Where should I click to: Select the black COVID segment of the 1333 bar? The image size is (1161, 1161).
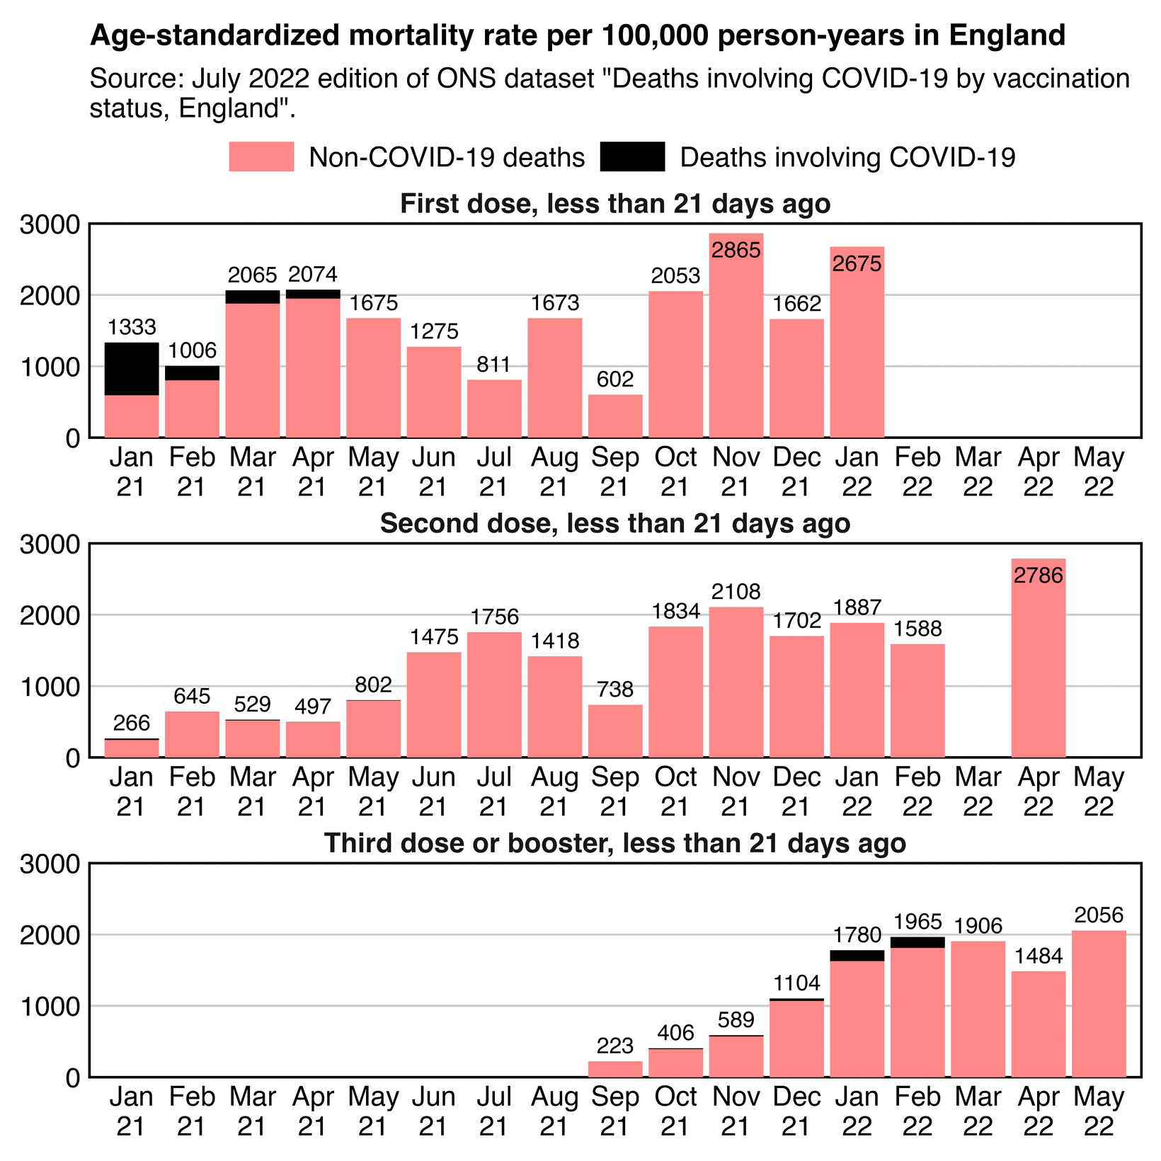[132, 369]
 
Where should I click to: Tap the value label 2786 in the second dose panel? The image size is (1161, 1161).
[1038, 576]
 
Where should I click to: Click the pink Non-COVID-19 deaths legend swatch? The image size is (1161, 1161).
[261, 156]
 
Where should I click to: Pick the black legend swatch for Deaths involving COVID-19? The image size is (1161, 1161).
[632, 156]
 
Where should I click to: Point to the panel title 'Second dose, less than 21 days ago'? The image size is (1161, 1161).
[614, 524]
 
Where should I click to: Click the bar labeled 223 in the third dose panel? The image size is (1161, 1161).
[615, 1069]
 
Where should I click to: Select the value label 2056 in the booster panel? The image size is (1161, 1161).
[1099, 915]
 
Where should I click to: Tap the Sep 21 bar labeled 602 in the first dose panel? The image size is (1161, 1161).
[615, 416]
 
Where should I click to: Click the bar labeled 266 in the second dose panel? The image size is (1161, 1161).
[132, 748]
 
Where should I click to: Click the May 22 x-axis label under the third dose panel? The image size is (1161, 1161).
[1099, 1111]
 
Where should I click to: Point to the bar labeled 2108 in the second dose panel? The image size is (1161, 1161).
[736, 682]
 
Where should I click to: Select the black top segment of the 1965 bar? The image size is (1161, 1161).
[917, 942]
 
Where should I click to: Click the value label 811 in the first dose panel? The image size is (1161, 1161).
[494, 365]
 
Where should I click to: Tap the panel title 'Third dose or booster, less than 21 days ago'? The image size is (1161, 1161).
[614, 844]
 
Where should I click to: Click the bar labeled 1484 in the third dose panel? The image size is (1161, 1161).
[1038, 1024]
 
